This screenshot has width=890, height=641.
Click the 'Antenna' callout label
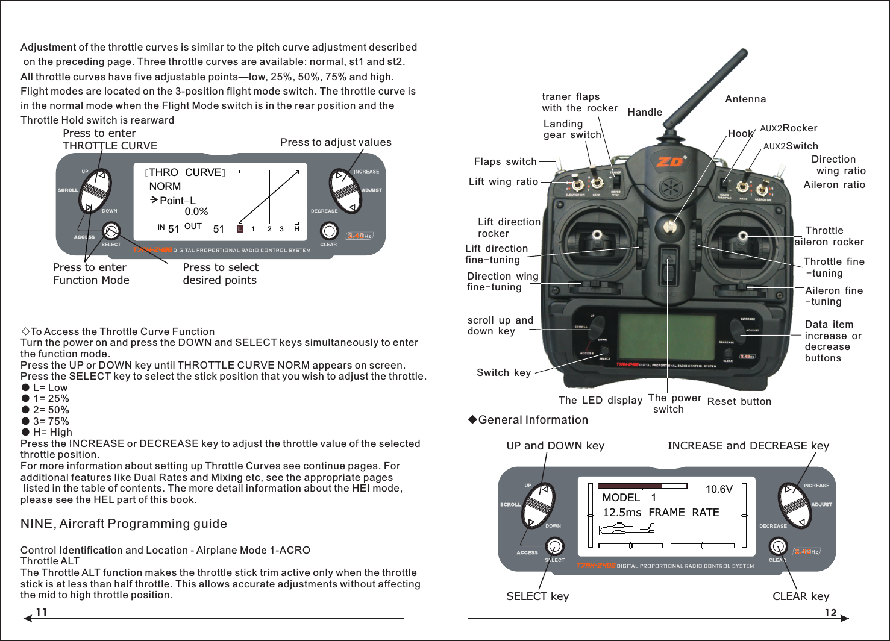click(x=745, y=99)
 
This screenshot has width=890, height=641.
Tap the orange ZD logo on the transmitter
click(x=670, y=162)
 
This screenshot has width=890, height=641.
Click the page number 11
click(x=42, y=612)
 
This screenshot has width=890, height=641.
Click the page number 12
click(x=830, y=613)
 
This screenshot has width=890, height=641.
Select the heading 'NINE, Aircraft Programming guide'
click(x=124, y=524)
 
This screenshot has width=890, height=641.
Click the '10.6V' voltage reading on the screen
click(x=718, y=489)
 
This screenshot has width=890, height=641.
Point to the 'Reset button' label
click(x=739, y=401)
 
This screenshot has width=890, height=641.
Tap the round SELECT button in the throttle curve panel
click(x=111, y=231)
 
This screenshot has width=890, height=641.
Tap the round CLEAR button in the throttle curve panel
click(x=329, y=231)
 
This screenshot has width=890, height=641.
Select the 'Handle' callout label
click(x=645, y=112)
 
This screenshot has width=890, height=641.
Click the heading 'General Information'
click(x=533, y=420)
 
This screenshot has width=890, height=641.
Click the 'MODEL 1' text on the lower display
click(x=628, y=498)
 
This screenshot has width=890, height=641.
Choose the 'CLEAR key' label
click(x=800, y=596)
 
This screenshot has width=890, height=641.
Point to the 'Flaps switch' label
click(x=505, y=161)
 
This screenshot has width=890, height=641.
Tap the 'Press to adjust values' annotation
click(x=336, y=142)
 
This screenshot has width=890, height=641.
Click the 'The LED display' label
click(x=600, y=400)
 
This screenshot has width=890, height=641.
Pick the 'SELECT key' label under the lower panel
click(x=537, y=596)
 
